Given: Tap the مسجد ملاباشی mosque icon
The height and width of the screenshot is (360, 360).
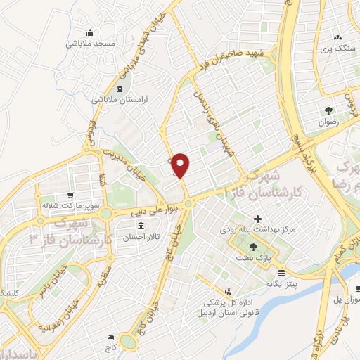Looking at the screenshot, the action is [90, 32].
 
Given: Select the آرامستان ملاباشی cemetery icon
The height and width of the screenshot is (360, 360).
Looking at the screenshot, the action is [118, 89].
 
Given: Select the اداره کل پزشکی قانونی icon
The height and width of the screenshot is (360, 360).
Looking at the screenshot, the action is [228, 292].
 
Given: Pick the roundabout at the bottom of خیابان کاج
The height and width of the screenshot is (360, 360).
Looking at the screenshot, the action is [128, 342].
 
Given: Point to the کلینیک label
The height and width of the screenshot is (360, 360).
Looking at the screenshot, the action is [13, 292].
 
